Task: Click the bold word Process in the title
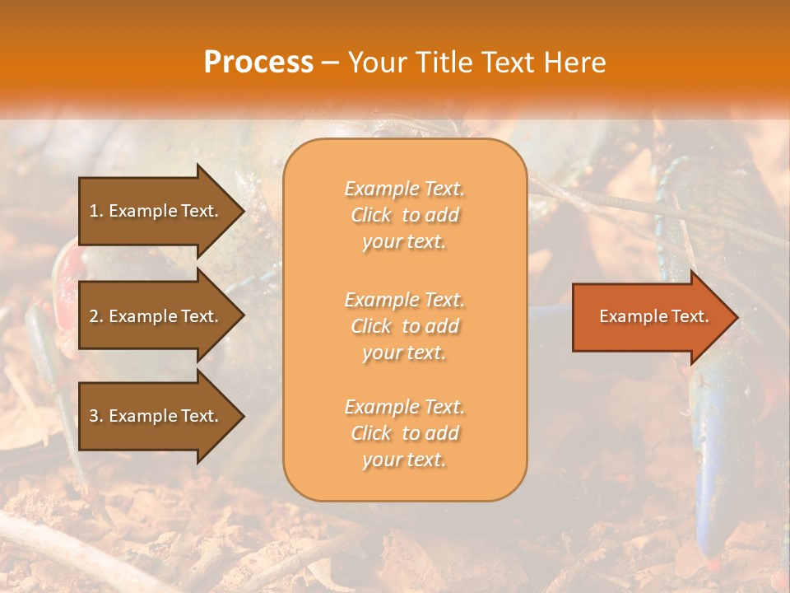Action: tap(258, 62)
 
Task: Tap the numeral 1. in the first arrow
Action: tap(96, 211)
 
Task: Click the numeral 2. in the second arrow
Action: tap(96, 316)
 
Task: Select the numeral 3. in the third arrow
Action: tap(96, 416)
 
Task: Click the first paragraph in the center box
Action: tap(405, 215)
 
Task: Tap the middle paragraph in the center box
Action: tap(405, 326)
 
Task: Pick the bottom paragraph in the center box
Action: tap(405, 433)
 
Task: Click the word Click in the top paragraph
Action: tap(371, 215)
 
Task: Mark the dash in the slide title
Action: tap(331, 63)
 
